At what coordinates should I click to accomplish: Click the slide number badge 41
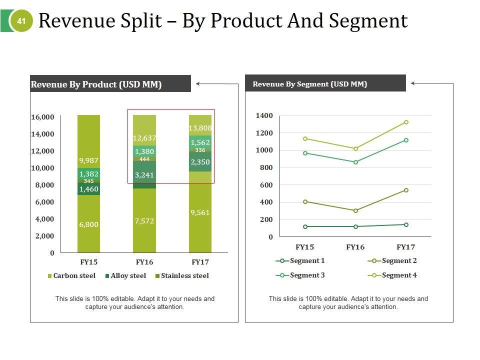(21, 21)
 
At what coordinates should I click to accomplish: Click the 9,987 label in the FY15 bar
(88, 160)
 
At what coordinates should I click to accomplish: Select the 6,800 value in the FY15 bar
(88, 224)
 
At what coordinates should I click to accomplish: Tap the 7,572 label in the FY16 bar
(144, 221)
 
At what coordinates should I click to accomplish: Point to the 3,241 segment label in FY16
(144, 175)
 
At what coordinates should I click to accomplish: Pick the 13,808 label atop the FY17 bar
(200, 128)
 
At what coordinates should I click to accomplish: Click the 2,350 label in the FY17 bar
(200, 162)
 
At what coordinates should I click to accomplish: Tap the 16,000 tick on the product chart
(42, 117)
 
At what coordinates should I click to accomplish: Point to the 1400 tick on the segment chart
(264, 116)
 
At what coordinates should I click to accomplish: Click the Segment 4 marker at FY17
(406, 122)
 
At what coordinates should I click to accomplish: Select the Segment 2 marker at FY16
(355, 211)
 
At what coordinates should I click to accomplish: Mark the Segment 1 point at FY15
(305, 226)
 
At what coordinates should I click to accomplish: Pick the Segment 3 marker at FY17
(406, 140)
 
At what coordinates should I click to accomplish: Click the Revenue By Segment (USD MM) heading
(310, 84)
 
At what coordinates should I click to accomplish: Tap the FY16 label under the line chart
(355, 247)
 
